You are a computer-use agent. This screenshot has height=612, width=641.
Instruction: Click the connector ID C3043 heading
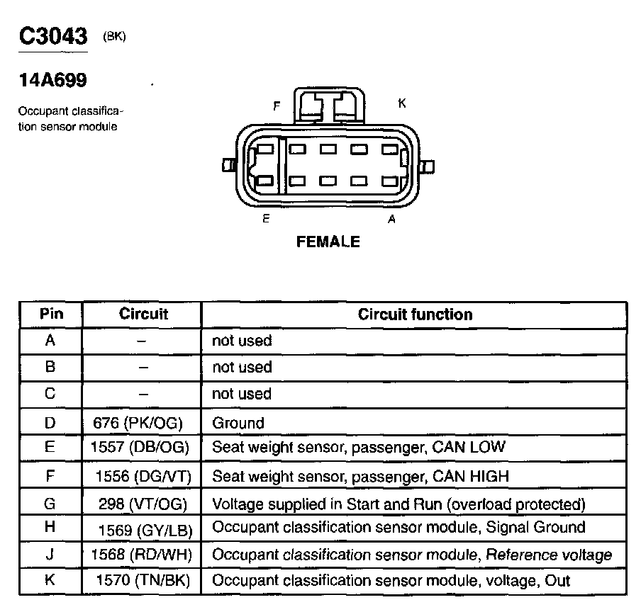(x=52, y=37)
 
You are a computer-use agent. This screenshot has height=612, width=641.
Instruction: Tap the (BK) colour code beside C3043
(x=114, y=37)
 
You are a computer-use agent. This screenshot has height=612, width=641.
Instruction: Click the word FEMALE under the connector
(x=328, y=242)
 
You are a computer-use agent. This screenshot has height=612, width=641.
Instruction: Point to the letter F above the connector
(x=277, y=106)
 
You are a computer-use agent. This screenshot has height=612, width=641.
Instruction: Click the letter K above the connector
(x=401, y=103)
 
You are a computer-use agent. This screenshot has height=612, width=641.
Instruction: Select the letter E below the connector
(x=266, y=219)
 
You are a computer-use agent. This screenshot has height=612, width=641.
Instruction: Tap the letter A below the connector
(x=391, y=220)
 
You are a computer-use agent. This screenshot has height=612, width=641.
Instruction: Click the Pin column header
(x=50, y=314)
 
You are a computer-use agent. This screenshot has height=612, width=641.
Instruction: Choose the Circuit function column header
(x=415, y=314)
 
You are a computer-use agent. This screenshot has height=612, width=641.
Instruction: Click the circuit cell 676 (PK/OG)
(x=138, y=423)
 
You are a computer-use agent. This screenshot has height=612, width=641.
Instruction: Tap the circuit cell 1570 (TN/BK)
(x=145, y=581)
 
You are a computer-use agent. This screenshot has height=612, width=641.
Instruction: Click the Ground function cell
(x=238, y=423)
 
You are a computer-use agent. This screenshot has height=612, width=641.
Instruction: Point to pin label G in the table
(x=50, y=504)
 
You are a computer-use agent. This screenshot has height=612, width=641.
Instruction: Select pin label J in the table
(x=50, y=555)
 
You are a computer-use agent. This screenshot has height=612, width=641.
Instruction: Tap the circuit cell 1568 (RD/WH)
(x=142, y=555)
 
